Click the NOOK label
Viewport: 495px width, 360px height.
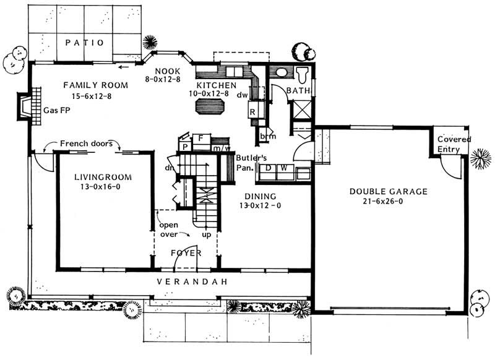(166, 70)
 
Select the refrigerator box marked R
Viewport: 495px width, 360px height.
(253, 112)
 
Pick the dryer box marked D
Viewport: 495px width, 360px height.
(269, 168)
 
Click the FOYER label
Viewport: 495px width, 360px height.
(186, 254)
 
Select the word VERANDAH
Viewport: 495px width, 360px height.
(191, 281)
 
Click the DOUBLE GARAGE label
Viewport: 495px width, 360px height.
(387, 192)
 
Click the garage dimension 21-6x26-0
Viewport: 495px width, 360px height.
(387, 202)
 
